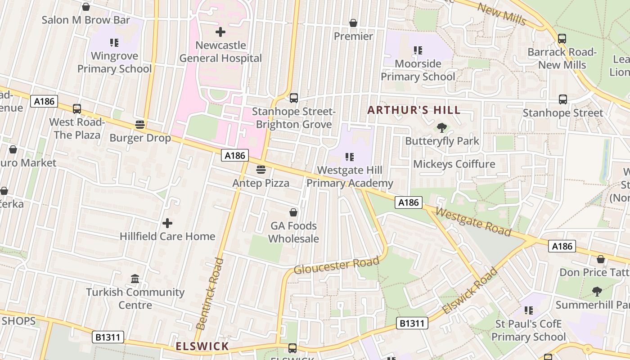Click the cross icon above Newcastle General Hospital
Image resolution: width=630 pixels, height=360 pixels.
click(220, 32)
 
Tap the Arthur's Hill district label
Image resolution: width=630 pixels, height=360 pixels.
click(414, 110)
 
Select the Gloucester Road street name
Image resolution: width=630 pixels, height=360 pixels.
click(337, 265)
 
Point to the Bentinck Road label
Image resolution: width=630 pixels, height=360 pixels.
click(210, 293)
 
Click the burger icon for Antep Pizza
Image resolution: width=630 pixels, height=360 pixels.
click(261, 170)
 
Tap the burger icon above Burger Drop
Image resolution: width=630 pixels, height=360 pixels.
click(140, 124)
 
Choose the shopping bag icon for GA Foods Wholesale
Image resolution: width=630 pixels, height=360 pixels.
click(293, 212)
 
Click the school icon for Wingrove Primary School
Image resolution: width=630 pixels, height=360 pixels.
click(114, 43)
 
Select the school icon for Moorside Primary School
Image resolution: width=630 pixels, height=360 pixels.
click(418, 50)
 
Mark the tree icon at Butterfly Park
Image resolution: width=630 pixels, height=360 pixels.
click(442, 128)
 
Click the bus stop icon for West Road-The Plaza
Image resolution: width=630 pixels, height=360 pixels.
click(77, 108)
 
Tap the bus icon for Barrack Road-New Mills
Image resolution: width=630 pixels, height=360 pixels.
click(562, 39)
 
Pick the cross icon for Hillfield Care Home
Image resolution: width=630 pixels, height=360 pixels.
click(167, 223)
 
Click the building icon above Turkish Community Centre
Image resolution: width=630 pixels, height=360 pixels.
click(135, 279)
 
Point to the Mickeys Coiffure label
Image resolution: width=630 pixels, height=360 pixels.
click(454, 164)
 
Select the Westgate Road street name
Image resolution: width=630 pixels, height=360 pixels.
click(473, 221)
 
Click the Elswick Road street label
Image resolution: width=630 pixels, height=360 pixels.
click(470, 291)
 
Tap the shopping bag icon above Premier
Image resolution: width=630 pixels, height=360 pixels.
click(353, 23)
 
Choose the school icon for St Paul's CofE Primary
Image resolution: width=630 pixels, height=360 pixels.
click(529, 310)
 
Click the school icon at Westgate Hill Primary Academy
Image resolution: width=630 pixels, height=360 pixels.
click(350, 157)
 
